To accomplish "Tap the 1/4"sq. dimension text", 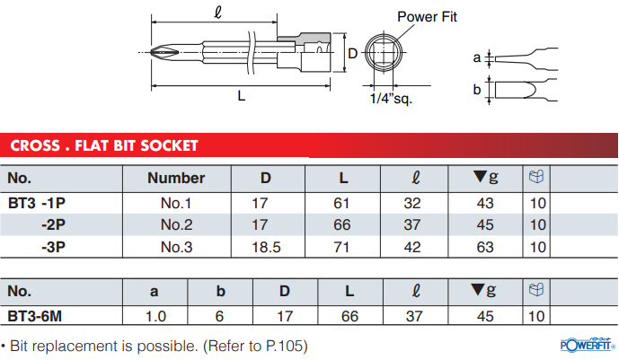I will pos(391,99).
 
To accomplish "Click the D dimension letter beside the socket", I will pos(352,53).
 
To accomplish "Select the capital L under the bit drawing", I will pos(241,97).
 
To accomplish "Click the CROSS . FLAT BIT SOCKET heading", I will pos(103,145).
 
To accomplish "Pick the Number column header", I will pos(176,178).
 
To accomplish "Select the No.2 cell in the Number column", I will pos(177,224).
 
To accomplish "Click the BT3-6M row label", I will pos(39,315).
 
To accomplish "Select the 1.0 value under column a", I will pos(155,315).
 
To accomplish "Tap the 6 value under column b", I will pos(220,315).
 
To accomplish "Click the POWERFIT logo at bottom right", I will pos(585,345).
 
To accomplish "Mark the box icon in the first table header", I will pos(537,177).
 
